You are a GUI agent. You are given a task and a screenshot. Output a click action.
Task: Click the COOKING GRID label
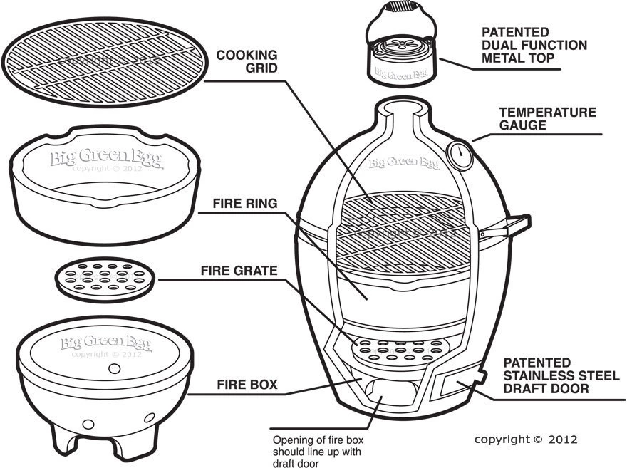pos(247,62)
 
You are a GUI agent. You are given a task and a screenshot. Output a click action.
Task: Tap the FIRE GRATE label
pos(238,271)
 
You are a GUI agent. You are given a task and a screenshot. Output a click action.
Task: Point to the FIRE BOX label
pos(247,385)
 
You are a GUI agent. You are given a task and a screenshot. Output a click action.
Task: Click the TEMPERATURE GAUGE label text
pos(547,119)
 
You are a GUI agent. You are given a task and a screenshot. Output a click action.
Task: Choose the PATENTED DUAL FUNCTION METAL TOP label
pos(534,46)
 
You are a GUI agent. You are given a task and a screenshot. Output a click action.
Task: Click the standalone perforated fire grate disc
pos(105,279)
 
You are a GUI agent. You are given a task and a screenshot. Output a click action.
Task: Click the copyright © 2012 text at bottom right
pos(526,439)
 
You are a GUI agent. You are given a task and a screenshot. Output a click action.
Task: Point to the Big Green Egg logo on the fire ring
pos(106,157)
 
